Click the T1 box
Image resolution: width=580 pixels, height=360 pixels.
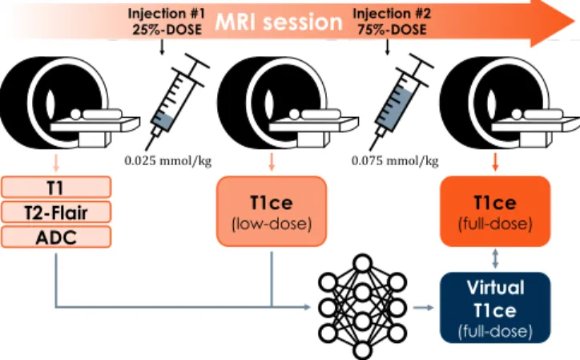pos(56,187)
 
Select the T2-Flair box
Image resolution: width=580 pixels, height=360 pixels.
pos(56,212)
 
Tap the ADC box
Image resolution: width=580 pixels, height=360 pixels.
pos(56,237)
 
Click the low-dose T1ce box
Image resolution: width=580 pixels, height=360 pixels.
pos(272,212)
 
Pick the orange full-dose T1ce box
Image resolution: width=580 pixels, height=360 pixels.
pos(495,212)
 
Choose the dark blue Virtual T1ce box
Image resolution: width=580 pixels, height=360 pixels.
pos(495,308)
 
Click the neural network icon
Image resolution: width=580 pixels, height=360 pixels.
pos(362,306)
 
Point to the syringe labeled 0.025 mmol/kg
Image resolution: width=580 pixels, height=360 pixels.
pos(178,102)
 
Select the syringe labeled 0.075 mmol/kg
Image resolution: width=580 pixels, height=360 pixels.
pos(401,102)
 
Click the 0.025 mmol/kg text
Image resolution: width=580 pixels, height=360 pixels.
pos(168,161)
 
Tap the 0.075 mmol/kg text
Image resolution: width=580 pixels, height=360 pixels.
pos(395,161)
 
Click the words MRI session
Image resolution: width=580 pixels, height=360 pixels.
pos(279,22)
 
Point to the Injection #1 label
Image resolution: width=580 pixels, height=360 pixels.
pos(166,14)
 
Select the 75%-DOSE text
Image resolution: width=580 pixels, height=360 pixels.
pos(392,29)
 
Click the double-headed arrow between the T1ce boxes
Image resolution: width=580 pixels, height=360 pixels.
pos(495,259)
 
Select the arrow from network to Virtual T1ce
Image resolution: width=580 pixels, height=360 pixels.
pos(423,307)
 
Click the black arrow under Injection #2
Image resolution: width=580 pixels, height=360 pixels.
pos(387,47)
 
